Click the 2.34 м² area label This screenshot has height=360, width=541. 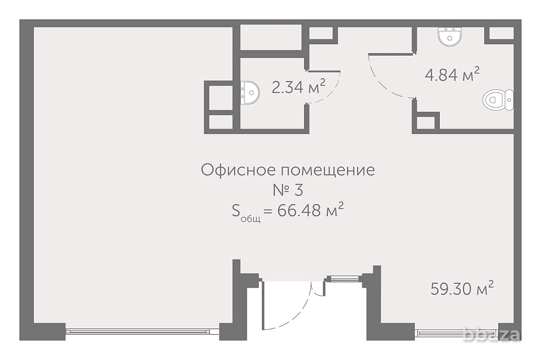298,86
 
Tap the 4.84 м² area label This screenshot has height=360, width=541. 452,75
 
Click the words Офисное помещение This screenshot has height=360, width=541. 288,170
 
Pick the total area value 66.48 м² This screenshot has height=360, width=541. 311,211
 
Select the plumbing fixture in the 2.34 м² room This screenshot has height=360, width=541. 249,92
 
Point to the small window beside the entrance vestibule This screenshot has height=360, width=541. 344,279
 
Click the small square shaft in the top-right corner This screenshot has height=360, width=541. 501,33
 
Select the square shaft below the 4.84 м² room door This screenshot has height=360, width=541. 425,122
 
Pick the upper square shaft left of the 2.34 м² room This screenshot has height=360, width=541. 220,96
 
